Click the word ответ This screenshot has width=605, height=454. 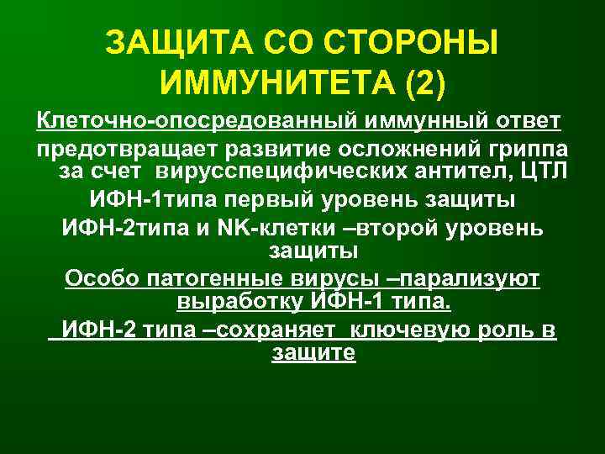529,123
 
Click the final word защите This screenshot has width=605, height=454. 313,354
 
